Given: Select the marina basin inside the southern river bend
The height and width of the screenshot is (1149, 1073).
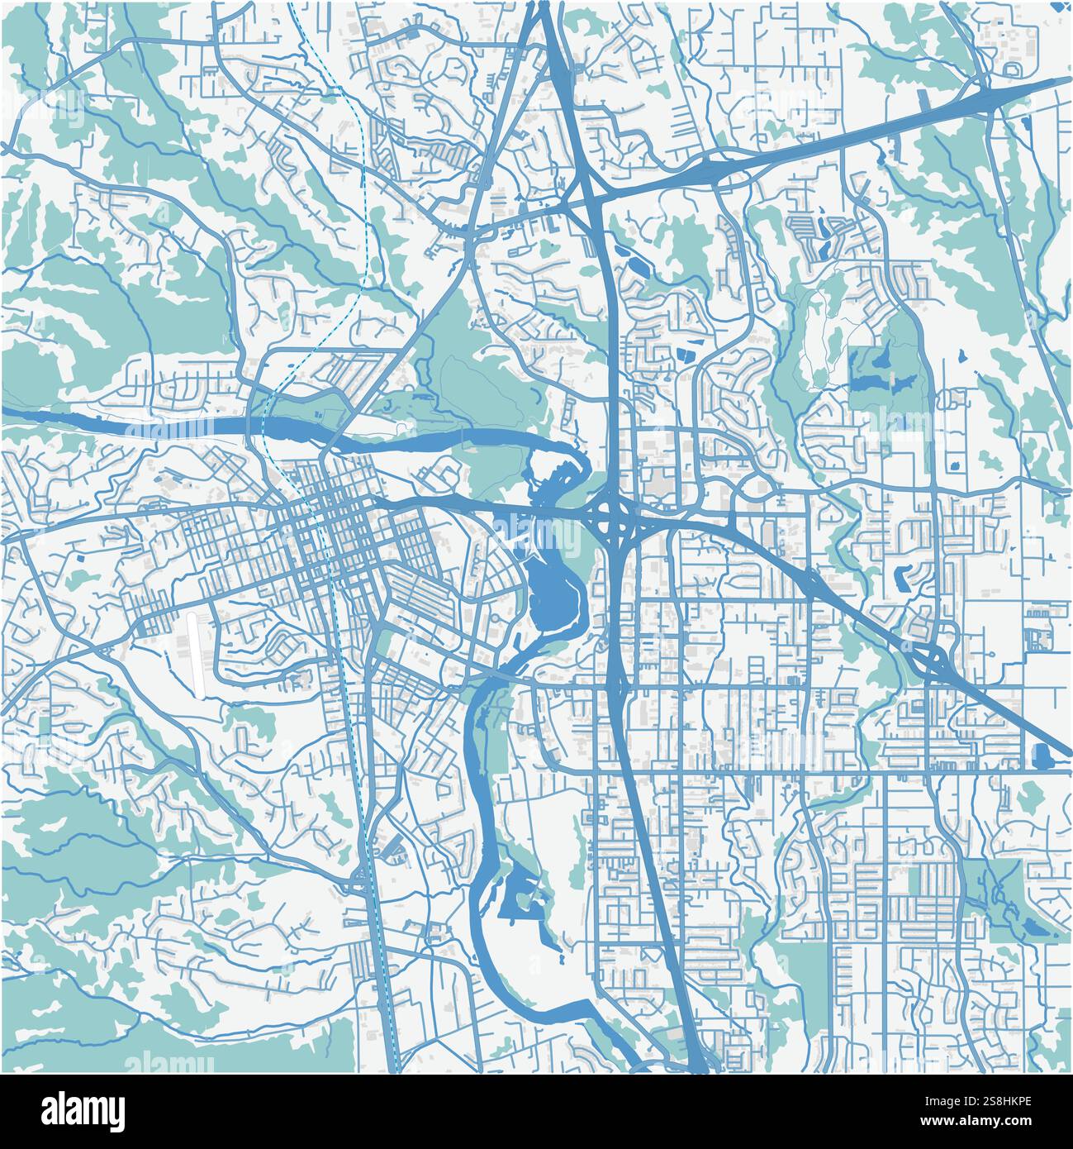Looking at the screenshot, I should tap(519, 897).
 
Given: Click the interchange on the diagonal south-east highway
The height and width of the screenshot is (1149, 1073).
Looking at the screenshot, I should tap(929, 661).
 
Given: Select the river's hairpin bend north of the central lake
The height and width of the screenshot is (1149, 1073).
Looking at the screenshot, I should tap(570, 451).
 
